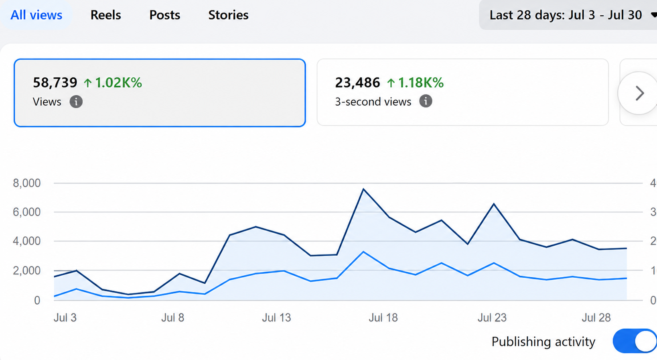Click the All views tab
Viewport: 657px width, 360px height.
point(36,15)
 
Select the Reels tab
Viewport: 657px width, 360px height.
point(105,15)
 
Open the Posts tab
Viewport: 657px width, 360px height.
point(164,15)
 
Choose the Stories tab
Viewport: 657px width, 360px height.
point(228,15)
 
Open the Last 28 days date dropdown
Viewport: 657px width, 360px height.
point(568,15)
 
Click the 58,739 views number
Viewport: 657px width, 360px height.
point(55,82)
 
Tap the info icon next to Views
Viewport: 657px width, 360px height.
point(76,102)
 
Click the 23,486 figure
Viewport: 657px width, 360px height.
point(357,82)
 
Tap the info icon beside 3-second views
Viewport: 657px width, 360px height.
point(426,102)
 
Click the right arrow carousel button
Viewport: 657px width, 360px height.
point(639,93)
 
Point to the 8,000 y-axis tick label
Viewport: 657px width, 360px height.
point(27,183)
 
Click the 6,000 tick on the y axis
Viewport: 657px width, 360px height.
point(27,212)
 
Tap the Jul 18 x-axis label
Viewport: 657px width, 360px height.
point(383,317)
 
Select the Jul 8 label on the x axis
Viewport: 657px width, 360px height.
point(173,317)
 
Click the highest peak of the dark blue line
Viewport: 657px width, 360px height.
point(363,189)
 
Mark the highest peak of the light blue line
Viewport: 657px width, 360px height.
point(363,252)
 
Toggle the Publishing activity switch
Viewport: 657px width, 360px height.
point(635,341)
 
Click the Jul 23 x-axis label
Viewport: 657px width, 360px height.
point(492,317)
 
